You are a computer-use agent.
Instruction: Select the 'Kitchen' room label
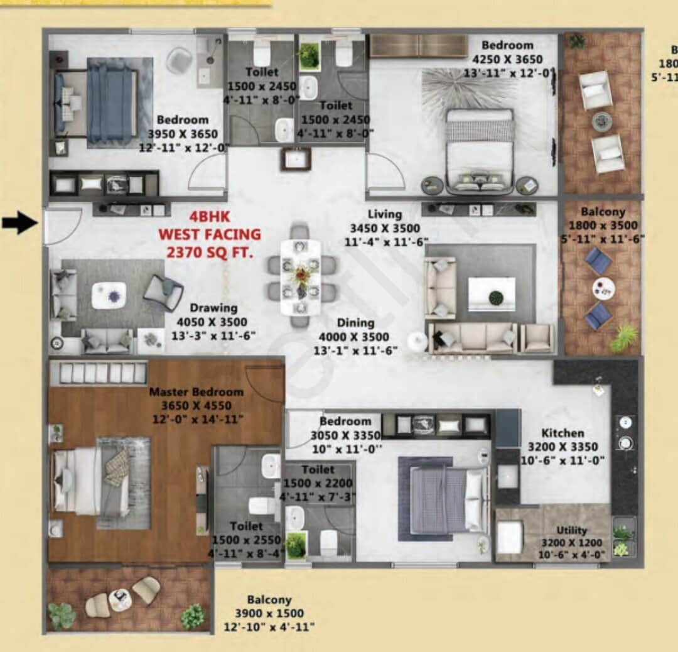(562, 433)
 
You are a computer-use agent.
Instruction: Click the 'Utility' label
(571, 530)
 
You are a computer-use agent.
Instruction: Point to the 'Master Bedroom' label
(196, 392)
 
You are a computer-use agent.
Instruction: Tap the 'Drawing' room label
(214, 308)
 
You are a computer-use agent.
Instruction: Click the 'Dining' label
(355, 323)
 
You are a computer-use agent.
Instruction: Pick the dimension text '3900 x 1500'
(269, 613)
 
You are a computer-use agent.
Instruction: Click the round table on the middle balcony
(603, 288)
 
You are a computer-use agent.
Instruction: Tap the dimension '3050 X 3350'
(345, 435)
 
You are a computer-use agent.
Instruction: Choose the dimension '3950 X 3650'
(183, 133)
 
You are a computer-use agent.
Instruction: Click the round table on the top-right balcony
(601, 120)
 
